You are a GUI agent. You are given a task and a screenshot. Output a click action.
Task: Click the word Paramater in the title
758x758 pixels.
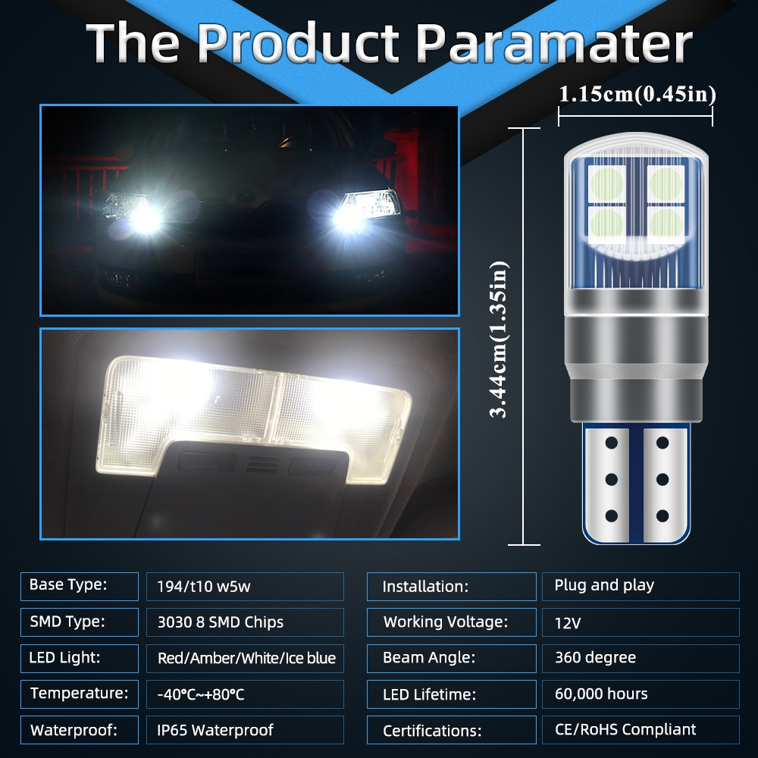(554, 42)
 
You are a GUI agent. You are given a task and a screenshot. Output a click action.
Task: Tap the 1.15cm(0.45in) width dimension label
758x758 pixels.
(637, 94)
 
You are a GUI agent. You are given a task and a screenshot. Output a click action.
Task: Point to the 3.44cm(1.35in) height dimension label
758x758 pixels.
(499, 340)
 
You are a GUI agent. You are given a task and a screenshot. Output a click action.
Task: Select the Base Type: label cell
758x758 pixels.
(80, 587)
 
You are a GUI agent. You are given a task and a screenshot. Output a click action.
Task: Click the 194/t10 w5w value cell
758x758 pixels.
(245, 587)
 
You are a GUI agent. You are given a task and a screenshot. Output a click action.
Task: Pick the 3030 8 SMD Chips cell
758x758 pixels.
(245, 622)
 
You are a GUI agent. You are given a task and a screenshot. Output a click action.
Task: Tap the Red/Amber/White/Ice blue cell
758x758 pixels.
(245, 659)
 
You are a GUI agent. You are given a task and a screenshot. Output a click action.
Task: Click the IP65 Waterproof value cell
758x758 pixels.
(245, 730)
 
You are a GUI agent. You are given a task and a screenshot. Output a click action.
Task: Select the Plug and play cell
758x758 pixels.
(641, 587)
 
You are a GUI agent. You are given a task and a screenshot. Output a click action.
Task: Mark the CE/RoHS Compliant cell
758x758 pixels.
(641, 730)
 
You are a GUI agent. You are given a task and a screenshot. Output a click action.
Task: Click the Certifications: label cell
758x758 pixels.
(452, 730)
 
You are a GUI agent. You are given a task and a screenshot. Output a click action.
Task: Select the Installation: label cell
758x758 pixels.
(452, 587)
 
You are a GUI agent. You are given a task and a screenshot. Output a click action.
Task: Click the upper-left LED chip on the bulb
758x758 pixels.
(606, 184)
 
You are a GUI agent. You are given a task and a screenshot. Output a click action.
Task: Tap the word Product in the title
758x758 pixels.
(298, 42)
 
